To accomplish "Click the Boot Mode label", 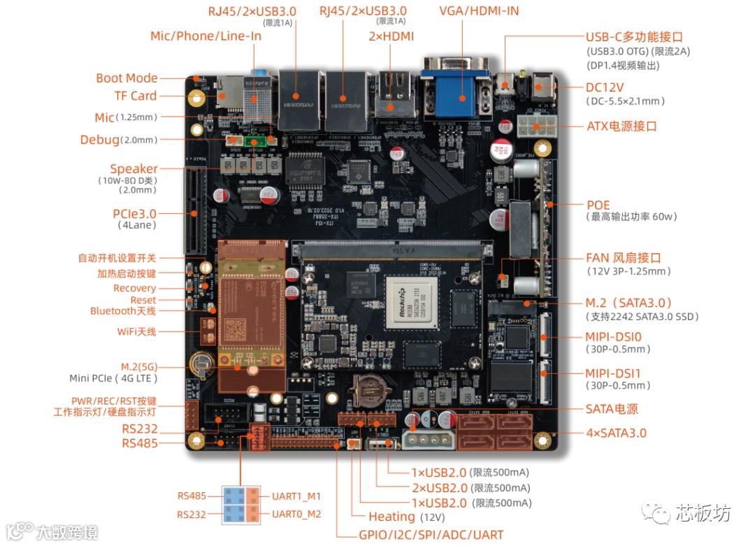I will pyautogui.click(x=127, y=78).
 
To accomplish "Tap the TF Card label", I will pyautogui.click(x=136, y=96).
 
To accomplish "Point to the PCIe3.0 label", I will pyautogui.click(x=134, y=213).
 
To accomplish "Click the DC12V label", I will pyautogui.click(x=605, y=88).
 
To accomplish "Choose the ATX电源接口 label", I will pyautogui.click(x=621, y=127).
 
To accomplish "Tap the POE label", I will pyautogui.click(x=598, y=206).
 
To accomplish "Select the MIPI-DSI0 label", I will pyautogui.click(x=617, y=337).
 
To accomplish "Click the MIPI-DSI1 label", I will pyautogui.click(x=617, y=373).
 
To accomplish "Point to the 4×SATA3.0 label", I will pyautogui.click(x=616, y=433).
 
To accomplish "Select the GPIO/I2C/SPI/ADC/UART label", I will pyautogui.click(x=431, y=535).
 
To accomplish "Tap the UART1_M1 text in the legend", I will pyautogui.click(x=296, y=496).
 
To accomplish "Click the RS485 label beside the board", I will pyautogui.click(x=140, y=443).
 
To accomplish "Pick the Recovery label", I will pyautogui.click(x=134, y=288).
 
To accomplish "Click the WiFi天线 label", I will pyautogui.click(x=136, y=331).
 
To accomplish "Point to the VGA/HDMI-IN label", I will pyautogui.click(x=479, y=11).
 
